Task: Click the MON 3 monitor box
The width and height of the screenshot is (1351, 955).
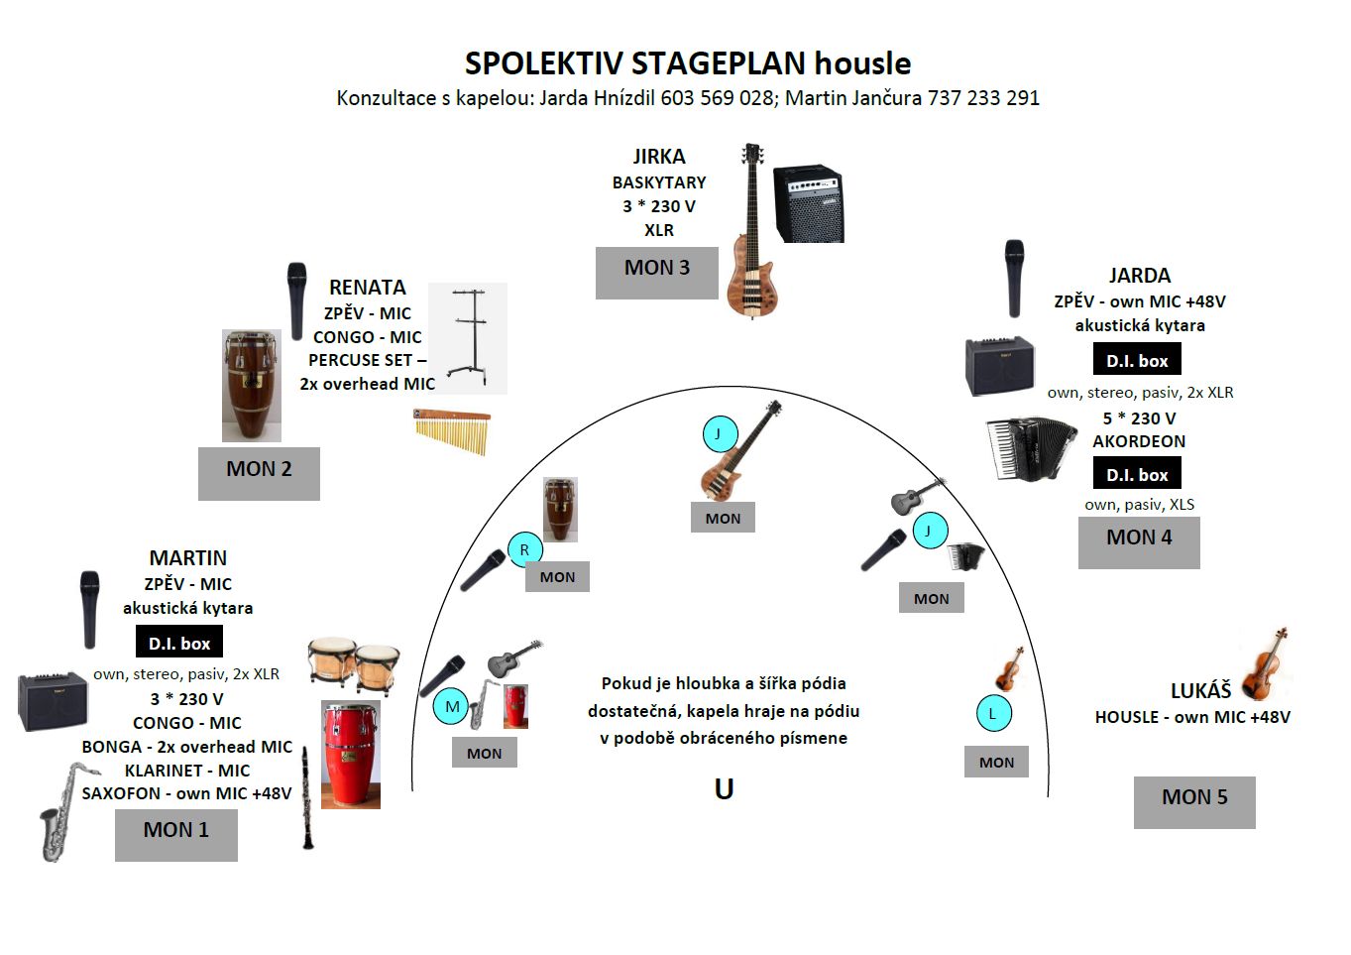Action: point(657,273)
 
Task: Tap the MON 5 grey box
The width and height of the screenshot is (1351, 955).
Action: point(1194,802)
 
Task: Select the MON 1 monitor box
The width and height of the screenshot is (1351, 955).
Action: point(176,835)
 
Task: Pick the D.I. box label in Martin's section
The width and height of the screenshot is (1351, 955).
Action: point(179,642)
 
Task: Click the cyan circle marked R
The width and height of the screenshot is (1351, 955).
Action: point(524,549)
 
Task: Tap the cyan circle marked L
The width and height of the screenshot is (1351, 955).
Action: point(993,714)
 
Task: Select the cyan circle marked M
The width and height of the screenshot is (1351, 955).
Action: point(451,706)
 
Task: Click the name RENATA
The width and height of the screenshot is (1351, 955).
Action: point(368,288)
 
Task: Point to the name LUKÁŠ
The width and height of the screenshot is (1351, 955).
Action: point(1200,691)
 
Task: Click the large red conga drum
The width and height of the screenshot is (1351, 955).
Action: point(351,754)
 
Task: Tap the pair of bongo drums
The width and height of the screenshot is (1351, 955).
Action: point(354,664)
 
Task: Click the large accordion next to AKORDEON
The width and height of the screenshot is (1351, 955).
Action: point(1032,448)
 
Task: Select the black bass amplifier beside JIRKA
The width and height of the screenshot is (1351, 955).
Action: point(808,203)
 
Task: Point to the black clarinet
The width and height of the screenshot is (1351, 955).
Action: point(307,797)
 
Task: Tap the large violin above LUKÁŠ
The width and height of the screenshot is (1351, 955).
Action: point(1266,663)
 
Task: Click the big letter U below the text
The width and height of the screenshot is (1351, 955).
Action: point(724,789)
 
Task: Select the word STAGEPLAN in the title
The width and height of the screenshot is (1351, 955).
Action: point(719,62)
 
